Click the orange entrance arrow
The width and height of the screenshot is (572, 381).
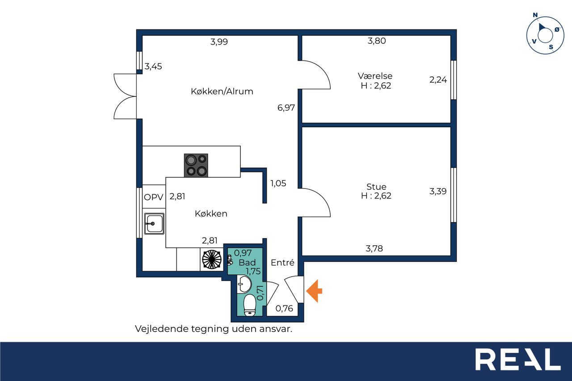pos(314,291)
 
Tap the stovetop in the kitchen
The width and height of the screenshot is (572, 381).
pos(196,165)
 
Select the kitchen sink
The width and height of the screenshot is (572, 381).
pos(154,223)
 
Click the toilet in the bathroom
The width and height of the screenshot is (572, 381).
pos(249,305)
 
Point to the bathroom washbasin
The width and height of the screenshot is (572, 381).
pos(244,284)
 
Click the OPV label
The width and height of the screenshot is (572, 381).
pos(153,197)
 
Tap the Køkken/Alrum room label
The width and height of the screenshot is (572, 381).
pos(222,92)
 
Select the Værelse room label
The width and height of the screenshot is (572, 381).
pos(375,76)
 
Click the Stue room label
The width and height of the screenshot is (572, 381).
pos(376,187)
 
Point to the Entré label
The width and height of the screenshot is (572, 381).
pos(282,262)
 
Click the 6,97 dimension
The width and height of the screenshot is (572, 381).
pos(286,108)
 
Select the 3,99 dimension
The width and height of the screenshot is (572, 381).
pos(219,42)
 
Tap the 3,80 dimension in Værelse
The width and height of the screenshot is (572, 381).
pos(377,41)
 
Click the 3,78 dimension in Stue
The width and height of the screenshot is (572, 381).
pos(374,248)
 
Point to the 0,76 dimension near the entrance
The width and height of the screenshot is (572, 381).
pos(284,309)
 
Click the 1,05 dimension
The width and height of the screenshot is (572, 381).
pos(278,183)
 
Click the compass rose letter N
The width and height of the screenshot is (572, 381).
pos(535,15)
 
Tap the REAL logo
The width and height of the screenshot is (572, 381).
pos(518,360)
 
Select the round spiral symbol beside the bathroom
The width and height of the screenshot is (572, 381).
pos(212,259)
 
